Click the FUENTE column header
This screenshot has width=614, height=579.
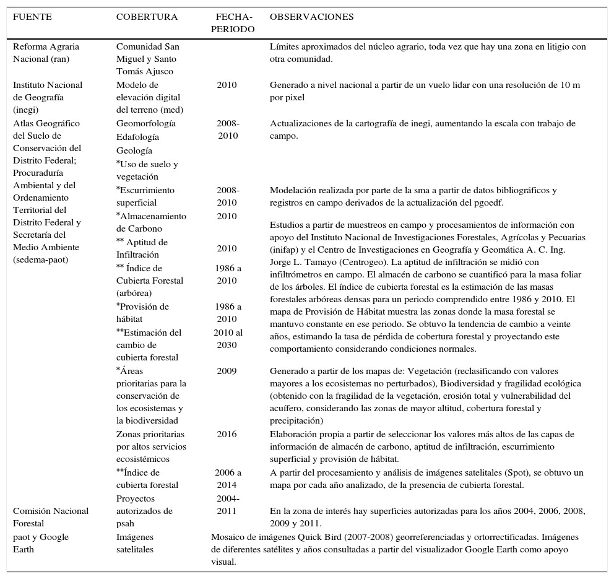[32, 17]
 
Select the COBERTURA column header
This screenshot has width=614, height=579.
[147, 17]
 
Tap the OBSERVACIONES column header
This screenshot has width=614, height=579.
[311, 17]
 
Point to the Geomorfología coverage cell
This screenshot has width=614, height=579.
[145, 123]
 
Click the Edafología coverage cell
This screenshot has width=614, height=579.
[137, 137]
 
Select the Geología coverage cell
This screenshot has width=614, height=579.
[134, 150]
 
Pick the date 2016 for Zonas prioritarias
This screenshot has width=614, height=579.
[227, 434]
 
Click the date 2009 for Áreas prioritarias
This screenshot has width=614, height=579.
[227, 371]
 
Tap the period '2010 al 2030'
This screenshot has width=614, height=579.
[227, 339]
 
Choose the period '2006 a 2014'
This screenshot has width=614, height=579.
[228, 479]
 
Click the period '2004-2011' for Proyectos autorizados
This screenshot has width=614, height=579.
[228, 505]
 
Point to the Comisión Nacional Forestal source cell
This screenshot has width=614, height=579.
[50, 517]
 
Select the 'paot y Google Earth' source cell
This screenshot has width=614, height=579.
[41, 543]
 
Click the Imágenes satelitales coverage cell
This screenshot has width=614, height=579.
[134, 543]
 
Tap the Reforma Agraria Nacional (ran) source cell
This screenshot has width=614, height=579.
[46, 53]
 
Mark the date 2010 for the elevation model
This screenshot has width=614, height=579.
[227, 85]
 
